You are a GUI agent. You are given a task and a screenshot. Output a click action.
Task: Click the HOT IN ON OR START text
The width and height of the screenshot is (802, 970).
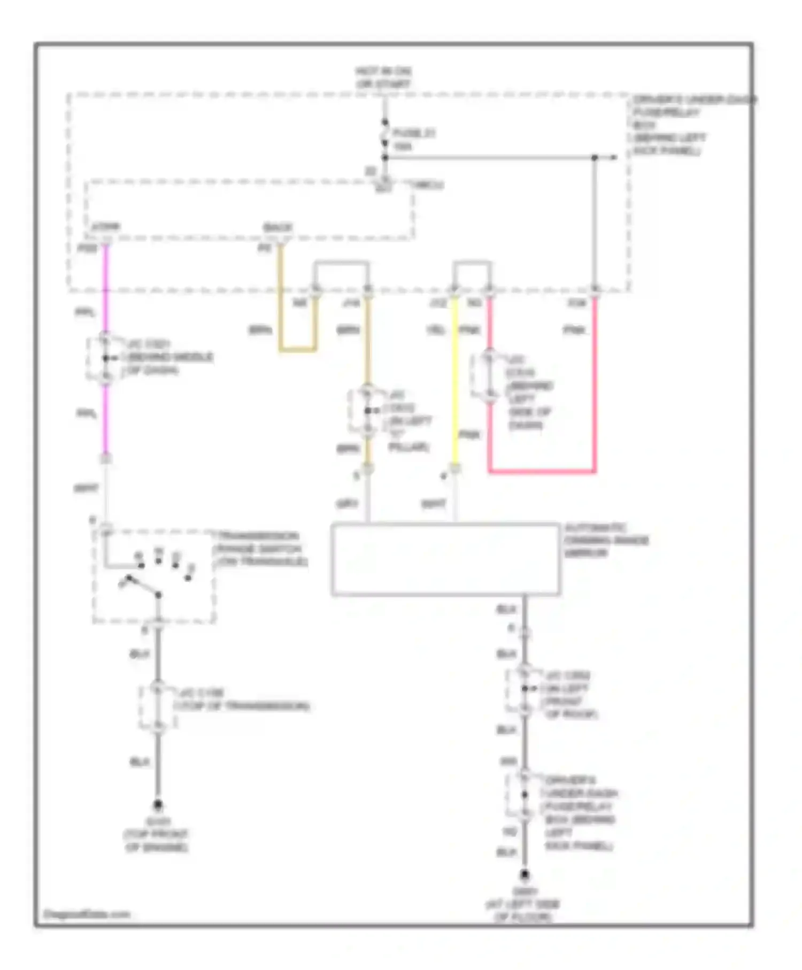pos(383,78)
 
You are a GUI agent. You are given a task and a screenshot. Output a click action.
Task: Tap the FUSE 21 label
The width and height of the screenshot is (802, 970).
pos(413,133)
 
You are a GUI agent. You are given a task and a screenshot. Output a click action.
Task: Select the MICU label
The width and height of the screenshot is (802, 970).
pos(429,185)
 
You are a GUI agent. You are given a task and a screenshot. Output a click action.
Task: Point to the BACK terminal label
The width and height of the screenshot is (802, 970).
pos(278,228)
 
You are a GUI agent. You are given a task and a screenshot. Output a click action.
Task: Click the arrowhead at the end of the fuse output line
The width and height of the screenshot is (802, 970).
pos(614,157)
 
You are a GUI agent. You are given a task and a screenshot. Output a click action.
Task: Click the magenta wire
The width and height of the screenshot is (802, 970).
pos(105,417)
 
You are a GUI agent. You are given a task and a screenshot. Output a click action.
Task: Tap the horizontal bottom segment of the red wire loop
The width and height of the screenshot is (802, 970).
pos(542,472)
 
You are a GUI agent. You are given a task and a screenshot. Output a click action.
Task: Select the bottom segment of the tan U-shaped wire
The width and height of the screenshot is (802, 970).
pos(297,350)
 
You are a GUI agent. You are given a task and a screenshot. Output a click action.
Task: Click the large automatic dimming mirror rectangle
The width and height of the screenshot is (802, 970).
pos(445,559)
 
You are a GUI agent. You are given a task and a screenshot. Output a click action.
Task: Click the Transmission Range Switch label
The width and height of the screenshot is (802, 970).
pos(260,549)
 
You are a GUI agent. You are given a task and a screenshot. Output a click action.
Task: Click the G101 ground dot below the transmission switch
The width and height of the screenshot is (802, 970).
pos(158,804)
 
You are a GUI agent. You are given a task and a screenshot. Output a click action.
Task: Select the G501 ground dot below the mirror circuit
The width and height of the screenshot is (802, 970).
pos(525,875)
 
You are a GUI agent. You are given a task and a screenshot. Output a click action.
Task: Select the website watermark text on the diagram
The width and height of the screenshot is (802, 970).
pos(87,914)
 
